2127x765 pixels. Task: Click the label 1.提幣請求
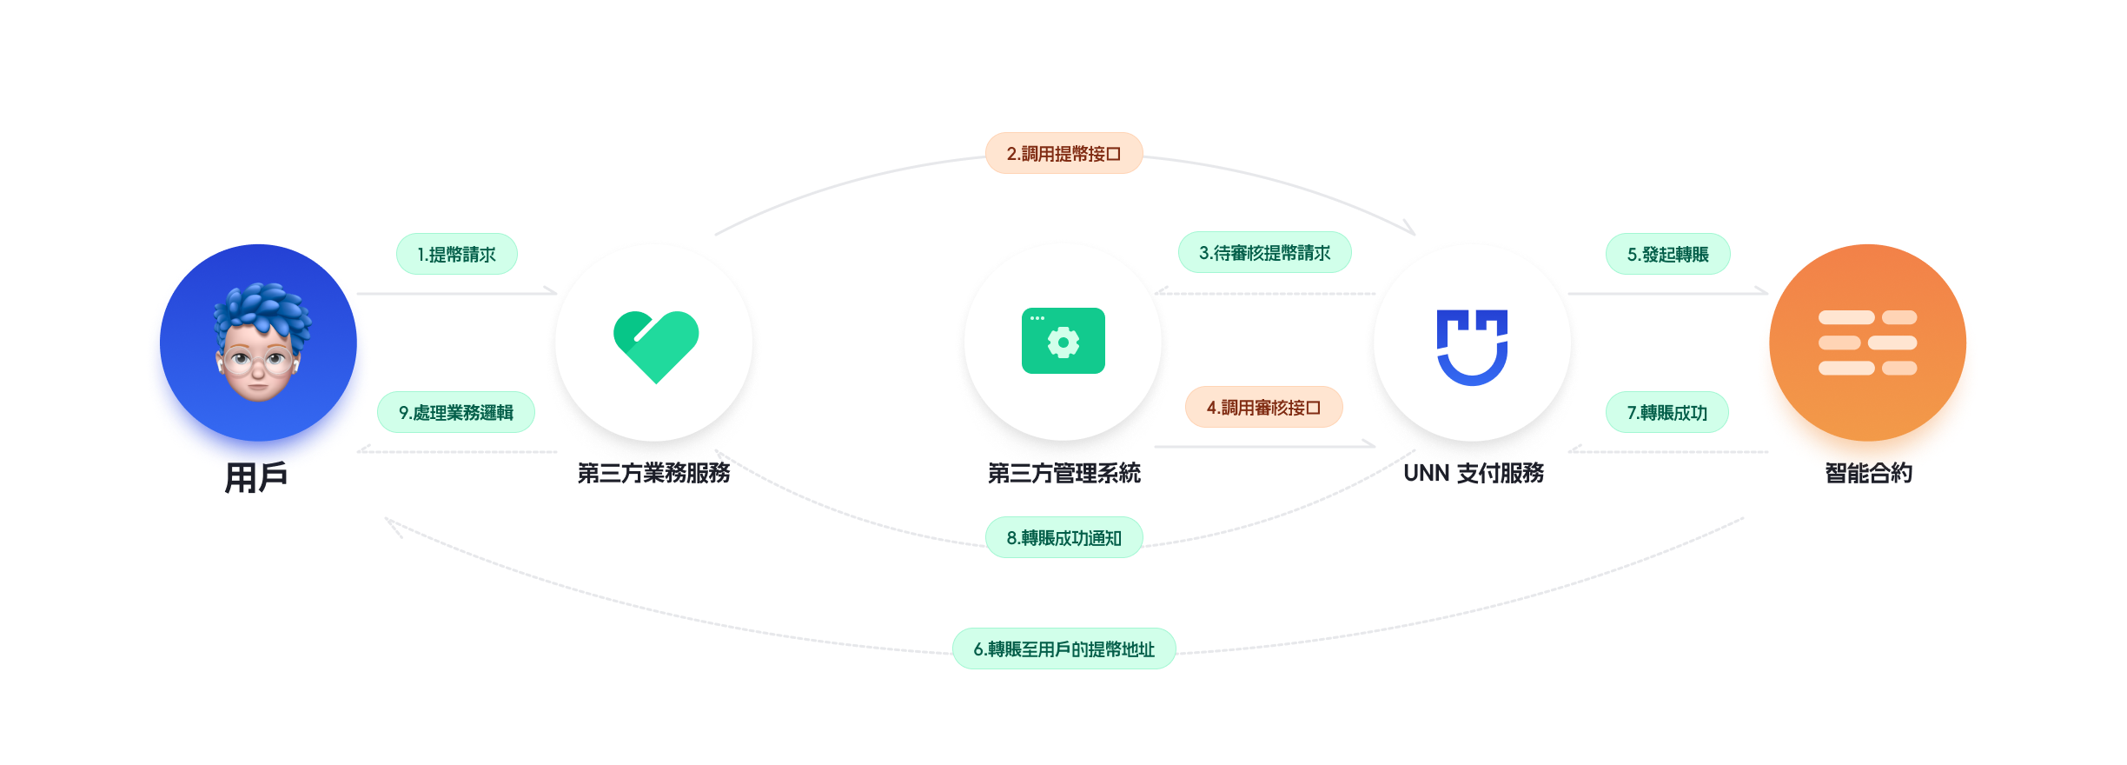click(x=456, y=255)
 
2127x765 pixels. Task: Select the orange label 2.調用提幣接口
click(x=1063, y=154)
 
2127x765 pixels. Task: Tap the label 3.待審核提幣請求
click(x=1264, y=253)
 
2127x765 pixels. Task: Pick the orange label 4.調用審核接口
click(x=1263, y=408)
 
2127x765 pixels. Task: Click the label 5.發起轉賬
click(x=1667, y=255)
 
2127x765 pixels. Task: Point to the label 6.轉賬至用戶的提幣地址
click(x=1063, y=649)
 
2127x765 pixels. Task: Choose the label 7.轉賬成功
click(x=1666, y=413)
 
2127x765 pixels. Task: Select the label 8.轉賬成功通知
click(x=1063, y=538)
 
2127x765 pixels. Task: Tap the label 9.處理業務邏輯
click(x=455, y=413)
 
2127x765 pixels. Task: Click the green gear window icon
click(x=1063, y=341)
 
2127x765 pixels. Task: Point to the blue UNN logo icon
click(x=1472, y=346)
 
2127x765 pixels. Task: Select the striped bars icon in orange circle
click(x=1867, y=343)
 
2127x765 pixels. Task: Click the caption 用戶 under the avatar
click(x=256, y=477)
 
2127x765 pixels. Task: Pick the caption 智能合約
click(x=1869, y=473)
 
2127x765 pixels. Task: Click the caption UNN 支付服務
click(x=1474, y=474)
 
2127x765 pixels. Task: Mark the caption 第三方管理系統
click(x=1063, y=474)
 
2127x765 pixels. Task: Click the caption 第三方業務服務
click(x=653, y=474)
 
